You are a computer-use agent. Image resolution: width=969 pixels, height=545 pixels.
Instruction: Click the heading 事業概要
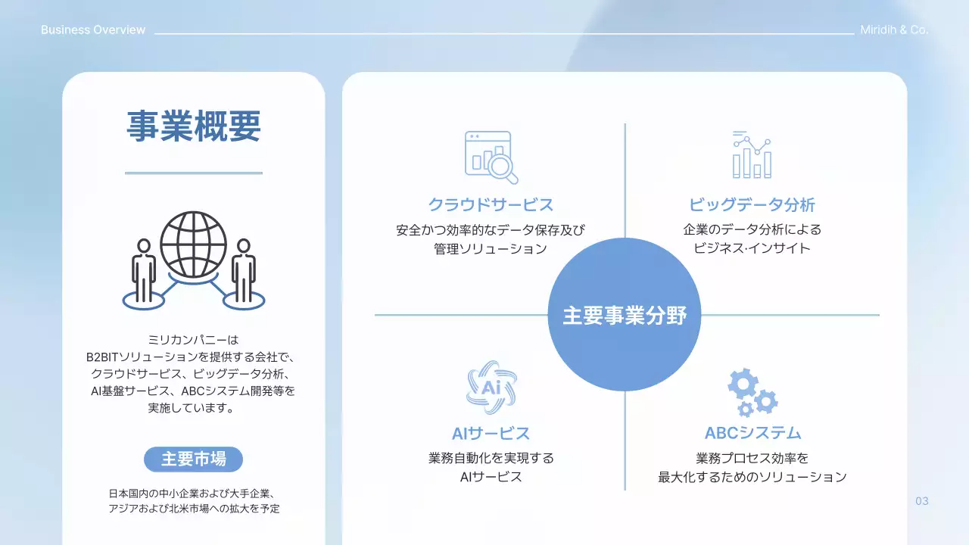click(x=193, y=126)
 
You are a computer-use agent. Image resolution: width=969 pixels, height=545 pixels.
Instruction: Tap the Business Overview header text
click(x=93, y=30)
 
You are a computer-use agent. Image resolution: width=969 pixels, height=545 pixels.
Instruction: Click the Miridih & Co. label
click(x=894, y=30)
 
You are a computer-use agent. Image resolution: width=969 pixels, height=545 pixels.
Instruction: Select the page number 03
click(x=921, y=501)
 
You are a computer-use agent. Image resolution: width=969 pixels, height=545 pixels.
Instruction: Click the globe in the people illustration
click(x=193, y=244)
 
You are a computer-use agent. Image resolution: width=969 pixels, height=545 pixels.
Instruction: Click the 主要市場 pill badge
click(x=193, y=459)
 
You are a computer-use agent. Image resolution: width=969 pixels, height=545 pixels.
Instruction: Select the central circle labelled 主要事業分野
click(x=625, y=315)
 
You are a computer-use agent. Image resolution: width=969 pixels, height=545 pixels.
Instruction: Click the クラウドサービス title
click(x=491, y=204)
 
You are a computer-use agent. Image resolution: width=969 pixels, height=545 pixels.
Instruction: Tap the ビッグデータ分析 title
click(x=752, y=204)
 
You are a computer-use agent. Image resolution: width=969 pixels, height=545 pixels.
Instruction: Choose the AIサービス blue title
click(x=491, y=433)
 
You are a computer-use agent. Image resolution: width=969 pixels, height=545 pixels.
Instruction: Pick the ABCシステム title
click(x=752, y=433)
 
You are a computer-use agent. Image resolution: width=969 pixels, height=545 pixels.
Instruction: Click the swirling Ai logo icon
click(x=491, y=388)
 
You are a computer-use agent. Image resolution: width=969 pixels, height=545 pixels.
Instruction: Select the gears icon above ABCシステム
click(x=752, y=392)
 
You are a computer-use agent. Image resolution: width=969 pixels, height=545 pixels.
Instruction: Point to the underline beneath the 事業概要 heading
click(x=193, y=173)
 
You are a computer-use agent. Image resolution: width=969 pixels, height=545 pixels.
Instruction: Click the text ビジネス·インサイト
click(x=752, y=248)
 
